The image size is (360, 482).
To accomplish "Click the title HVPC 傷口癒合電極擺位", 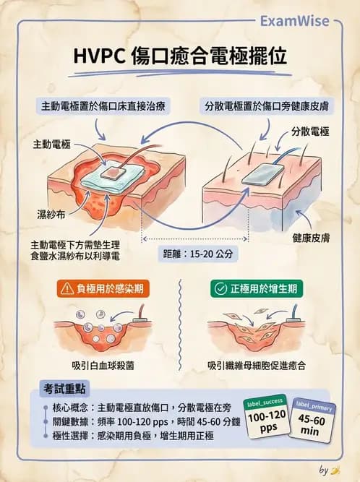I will [180, 58].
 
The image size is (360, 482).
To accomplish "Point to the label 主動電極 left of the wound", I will [52, 145].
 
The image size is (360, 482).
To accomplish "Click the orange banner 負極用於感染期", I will [106, 289].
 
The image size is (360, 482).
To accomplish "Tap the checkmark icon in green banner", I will [220, 289].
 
